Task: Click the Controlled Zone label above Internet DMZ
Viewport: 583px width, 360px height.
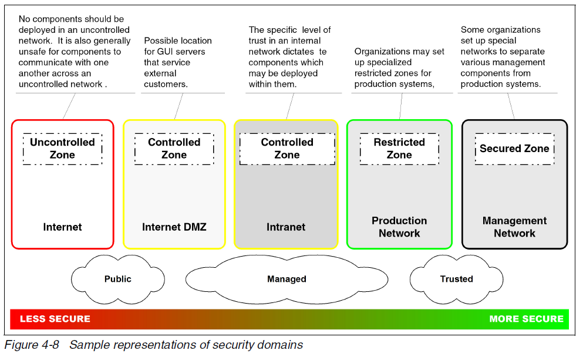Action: tap(174, 149)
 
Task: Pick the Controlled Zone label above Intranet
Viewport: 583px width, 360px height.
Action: tap(287, 149)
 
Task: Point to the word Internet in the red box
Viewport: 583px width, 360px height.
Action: tap(62, 227)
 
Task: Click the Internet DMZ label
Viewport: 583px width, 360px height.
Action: tap(174, 227)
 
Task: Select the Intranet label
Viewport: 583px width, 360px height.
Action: tap(286, 227)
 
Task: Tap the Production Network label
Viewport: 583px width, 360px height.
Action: tap(399, 227)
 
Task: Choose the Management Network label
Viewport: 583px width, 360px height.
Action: tap(514, 227)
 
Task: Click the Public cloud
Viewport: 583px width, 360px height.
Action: tap(118, 280)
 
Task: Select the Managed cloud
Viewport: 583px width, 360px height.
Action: tap(287, 280)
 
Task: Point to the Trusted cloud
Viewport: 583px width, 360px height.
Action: tap(457, 280)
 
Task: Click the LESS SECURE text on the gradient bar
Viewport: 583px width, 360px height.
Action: tap(55, 319)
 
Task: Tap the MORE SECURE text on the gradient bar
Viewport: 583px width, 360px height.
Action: tap(527, 319)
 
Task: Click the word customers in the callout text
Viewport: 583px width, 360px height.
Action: tap(166, 85)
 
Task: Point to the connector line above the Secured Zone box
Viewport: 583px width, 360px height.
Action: tap(511, 106)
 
